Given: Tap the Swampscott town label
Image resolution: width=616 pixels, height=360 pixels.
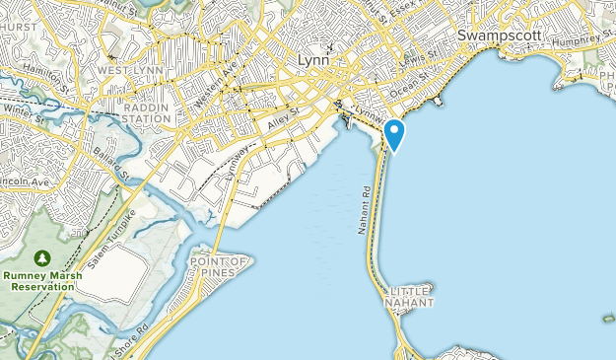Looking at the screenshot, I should (501, 35).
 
